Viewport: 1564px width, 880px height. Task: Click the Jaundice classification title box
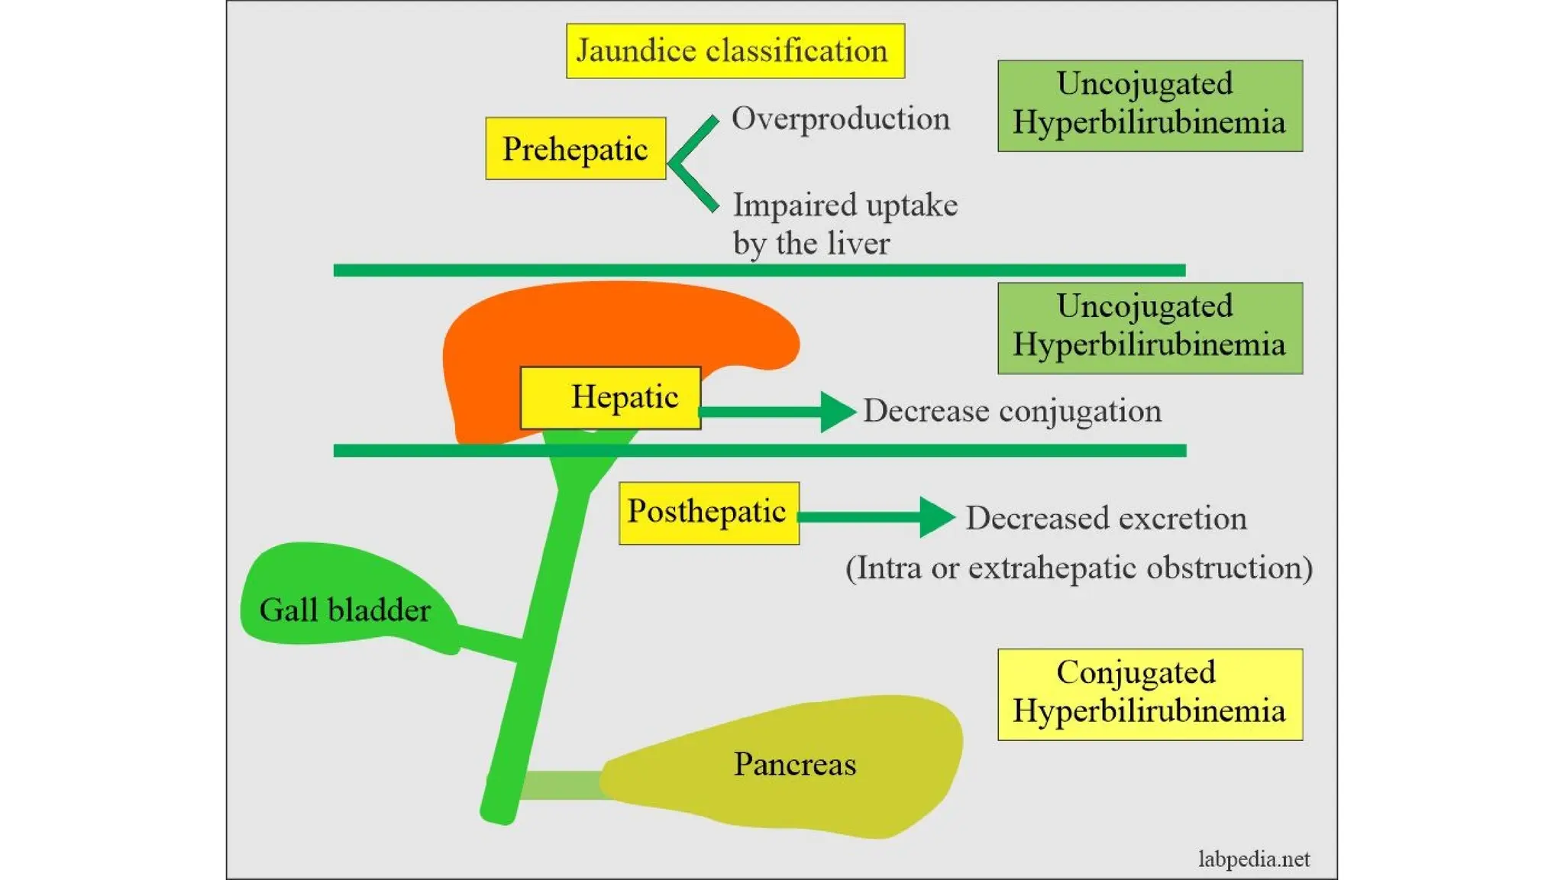pos(735,50)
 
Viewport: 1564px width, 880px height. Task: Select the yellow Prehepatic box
pos(575,148)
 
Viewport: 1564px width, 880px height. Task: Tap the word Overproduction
pos(840,118)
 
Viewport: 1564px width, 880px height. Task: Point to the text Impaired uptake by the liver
pos(844,224)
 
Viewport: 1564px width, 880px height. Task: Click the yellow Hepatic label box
pos(610,397)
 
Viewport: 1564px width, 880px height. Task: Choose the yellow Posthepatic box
pos(708,513)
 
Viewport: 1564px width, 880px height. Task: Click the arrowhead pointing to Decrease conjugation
pos(837,412)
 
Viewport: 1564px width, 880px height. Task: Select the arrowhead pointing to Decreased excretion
pos(936,517)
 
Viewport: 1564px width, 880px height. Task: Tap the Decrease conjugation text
pos(1012,411)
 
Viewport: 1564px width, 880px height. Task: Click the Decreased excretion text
pos(1106,518)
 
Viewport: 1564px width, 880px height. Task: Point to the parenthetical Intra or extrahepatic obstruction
pos(1078,568)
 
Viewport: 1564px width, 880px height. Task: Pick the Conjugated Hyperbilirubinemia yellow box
pos(1149,694)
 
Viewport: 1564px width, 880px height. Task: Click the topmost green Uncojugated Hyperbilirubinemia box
pos(1149,105)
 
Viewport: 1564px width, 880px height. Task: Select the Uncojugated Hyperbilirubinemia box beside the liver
pos(1149,328)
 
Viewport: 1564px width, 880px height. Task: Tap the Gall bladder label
pos(344,610)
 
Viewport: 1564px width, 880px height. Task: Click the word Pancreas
pos(794,764)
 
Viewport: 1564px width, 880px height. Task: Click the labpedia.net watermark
pos(1253,859)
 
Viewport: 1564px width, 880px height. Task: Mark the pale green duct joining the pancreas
pos(561,785)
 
